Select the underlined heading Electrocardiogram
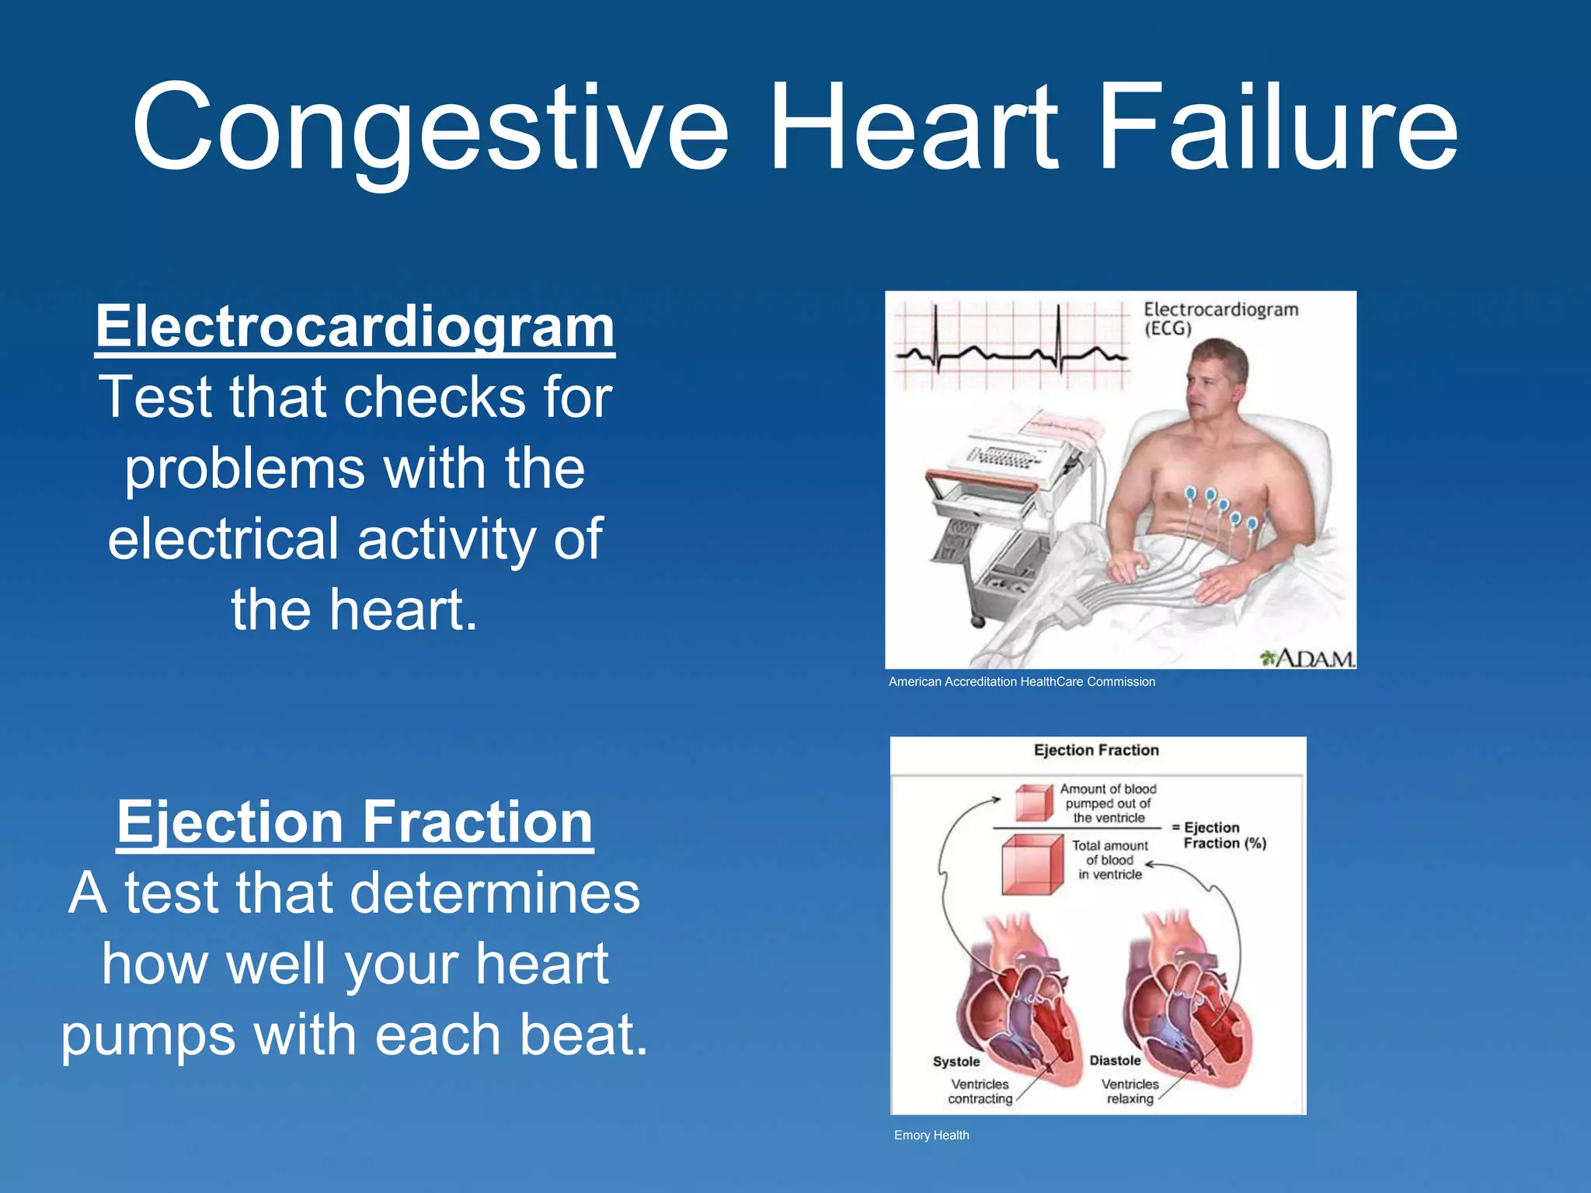355,327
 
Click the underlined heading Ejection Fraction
355,822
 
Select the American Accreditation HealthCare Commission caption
1022,682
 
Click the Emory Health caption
931,1136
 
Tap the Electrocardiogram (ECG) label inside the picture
1219,318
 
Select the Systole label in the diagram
956,1062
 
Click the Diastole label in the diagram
1115,1061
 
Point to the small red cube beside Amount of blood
1034,803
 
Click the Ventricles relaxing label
1130,1091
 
